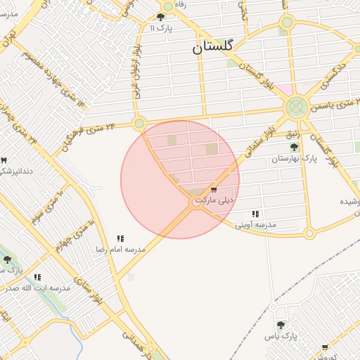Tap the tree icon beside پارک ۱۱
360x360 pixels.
coord(161,18)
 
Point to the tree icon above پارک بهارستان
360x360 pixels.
coord(294,147)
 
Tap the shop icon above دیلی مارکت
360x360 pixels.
coord(214,190)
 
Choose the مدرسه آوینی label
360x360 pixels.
coord(255,224)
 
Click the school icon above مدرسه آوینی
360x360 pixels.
coord(255,214)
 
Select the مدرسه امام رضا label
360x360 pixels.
coord(121,250)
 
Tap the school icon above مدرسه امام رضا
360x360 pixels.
coord(120,239)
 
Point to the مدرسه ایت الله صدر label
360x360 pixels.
coord(37,288)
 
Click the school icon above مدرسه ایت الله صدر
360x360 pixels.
coord(37,278)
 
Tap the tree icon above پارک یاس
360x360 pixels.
coord(281,325)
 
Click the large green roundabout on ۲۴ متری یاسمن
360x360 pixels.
coord(295,108)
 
